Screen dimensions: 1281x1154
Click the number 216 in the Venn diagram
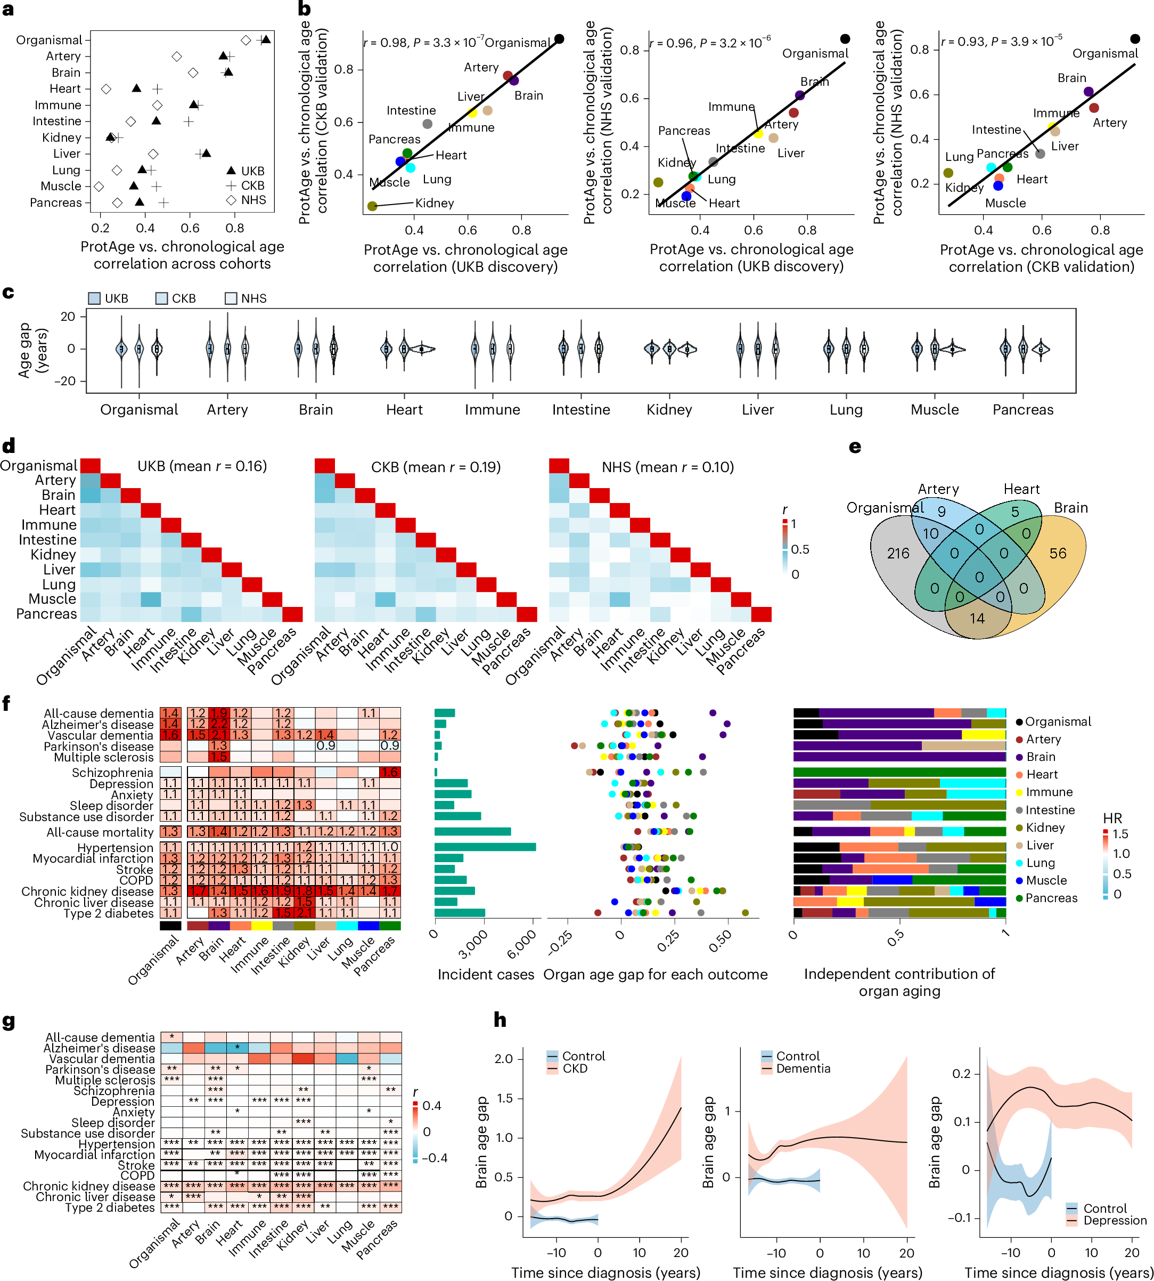(x=897, y=553)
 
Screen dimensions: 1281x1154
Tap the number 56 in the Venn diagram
(x=1058, y=553)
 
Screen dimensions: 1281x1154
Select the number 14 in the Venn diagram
(x=977, y=618)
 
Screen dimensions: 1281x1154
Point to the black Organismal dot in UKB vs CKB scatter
(x=559, y=39)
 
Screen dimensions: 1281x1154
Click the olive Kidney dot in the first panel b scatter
(x=372, y=206)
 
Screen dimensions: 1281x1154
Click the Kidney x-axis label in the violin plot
(x=669, y=410)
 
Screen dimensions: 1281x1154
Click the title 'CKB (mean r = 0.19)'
(x=436, y=467)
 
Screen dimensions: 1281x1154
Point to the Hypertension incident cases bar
(x=485, y=847)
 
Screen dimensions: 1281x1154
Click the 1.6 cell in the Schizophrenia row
(x=390, y=772)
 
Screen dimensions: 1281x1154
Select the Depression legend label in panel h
(x=1114, y=1220)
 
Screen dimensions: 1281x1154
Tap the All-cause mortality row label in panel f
(x=100, y=832)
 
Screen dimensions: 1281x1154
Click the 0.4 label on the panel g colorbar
(x=432, y=1105)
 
